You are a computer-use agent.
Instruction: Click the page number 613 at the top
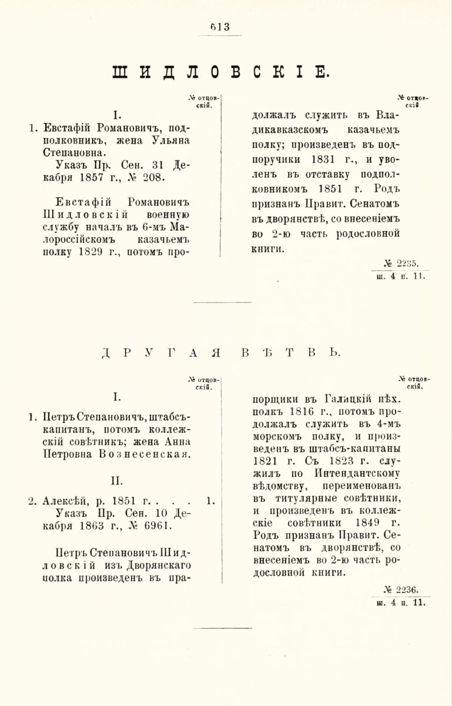pyautogui.click(x=220, y=26)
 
